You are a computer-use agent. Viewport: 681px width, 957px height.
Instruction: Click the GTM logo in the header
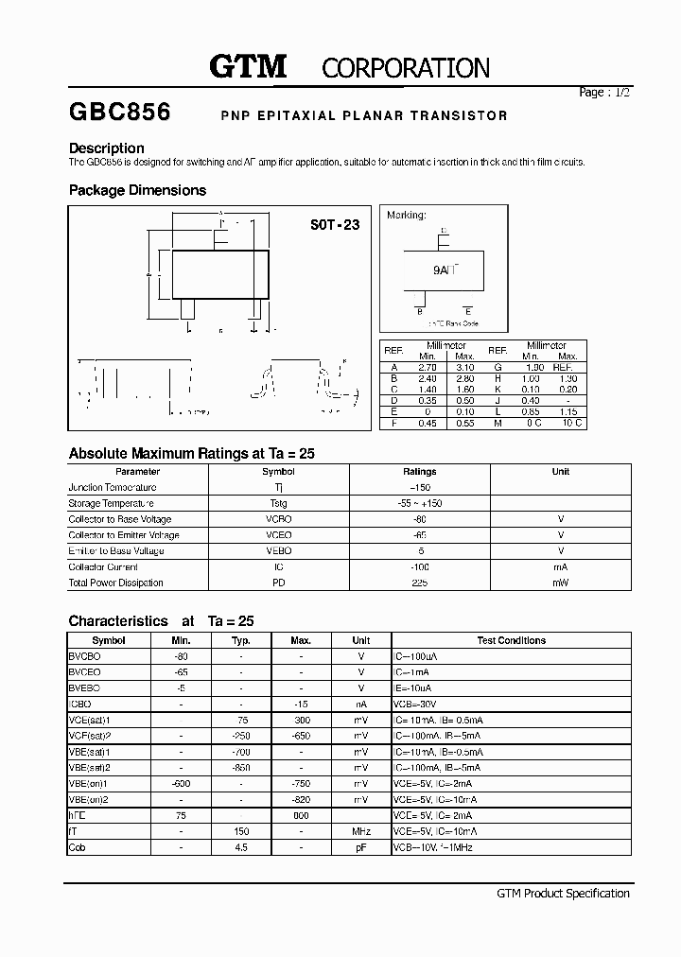tap(247, 66)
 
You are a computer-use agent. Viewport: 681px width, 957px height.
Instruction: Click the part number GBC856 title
tap(119, 113)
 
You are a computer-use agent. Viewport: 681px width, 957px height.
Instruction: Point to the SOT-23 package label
tap(335, 226)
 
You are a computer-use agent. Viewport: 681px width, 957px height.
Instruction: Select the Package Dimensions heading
tap(137, 190)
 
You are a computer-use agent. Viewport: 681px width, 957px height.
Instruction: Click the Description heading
tap(107, 148)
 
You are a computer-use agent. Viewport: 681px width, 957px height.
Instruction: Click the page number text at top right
tap(603, 93)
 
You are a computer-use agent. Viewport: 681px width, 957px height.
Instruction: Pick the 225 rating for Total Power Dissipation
tap(419, 583)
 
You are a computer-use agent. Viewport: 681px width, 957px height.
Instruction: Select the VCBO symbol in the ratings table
tap(278, 519)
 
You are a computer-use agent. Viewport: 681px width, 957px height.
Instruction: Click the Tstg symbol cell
tap(278, 503)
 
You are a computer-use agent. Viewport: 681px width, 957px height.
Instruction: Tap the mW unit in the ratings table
tap(561, 583)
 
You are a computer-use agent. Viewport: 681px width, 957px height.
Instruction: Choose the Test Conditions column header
tap(511, 640)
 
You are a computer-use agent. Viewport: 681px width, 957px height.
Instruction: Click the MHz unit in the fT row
tap(360, 831)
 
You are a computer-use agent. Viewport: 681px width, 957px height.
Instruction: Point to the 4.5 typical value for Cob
tap(241, 847)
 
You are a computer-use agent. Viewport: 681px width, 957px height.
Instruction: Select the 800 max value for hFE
tap(301, 815)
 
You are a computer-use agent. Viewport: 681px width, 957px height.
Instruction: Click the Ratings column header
tap(419, 471)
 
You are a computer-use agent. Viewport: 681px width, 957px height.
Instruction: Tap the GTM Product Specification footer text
tap(562, 894)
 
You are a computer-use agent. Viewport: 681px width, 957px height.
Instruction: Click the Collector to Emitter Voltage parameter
tap(124, 535)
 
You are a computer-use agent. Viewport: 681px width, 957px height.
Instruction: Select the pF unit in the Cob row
tap(360, 847)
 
